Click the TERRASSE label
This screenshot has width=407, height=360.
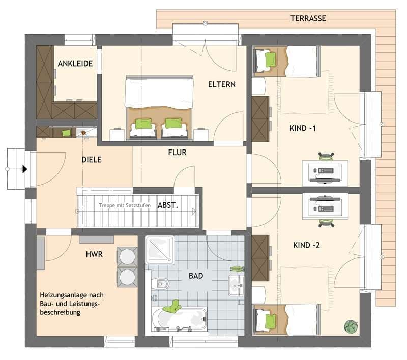[x=308, y=18]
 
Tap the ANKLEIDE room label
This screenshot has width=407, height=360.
[x=75, y=64]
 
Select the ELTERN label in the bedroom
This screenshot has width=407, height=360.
[x=222, y=84]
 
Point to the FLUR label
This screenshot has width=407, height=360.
[x=177, y=152]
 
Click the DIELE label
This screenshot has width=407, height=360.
[x=92, y=160]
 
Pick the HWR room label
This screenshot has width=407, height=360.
[x=94, y=254]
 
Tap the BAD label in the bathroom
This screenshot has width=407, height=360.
[x=196, y=276]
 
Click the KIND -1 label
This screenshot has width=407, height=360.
[x=302, y=128]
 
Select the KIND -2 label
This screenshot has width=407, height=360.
[x=306, y=245]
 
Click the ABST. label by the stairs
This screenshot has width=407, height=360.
[x=168, y=205]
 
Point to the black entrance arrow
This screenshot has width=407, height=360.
[x=24, y=169]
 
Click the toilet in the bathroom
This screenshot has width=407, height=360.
[x=160, y=284]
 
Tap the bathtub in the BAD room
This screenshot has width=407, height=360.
[x=180, y=319]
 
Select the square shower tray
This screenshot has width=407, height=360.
[x=160, y=250]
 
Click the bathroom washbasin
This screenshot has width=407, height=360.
[x=236, y=286]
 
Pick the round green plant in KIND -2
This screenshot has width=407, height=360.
[x=351, y=326]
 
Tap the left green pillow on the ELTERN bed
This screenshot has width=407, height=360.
[x=143, y=124]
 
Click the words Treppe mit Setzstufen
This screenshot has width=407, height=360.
[x=125, y=205]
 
